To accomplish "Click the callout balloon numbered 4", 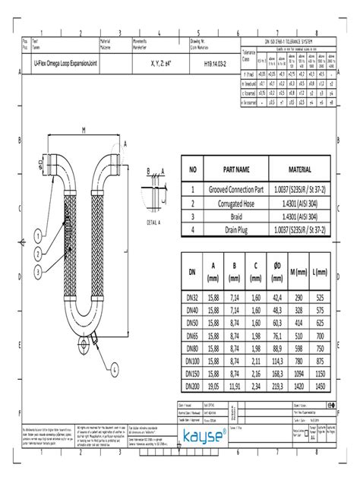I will tap(114, 370).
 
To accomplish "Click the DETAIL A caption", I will tap(155, 223).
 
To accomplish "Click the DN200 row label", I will tap(193, 387).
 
